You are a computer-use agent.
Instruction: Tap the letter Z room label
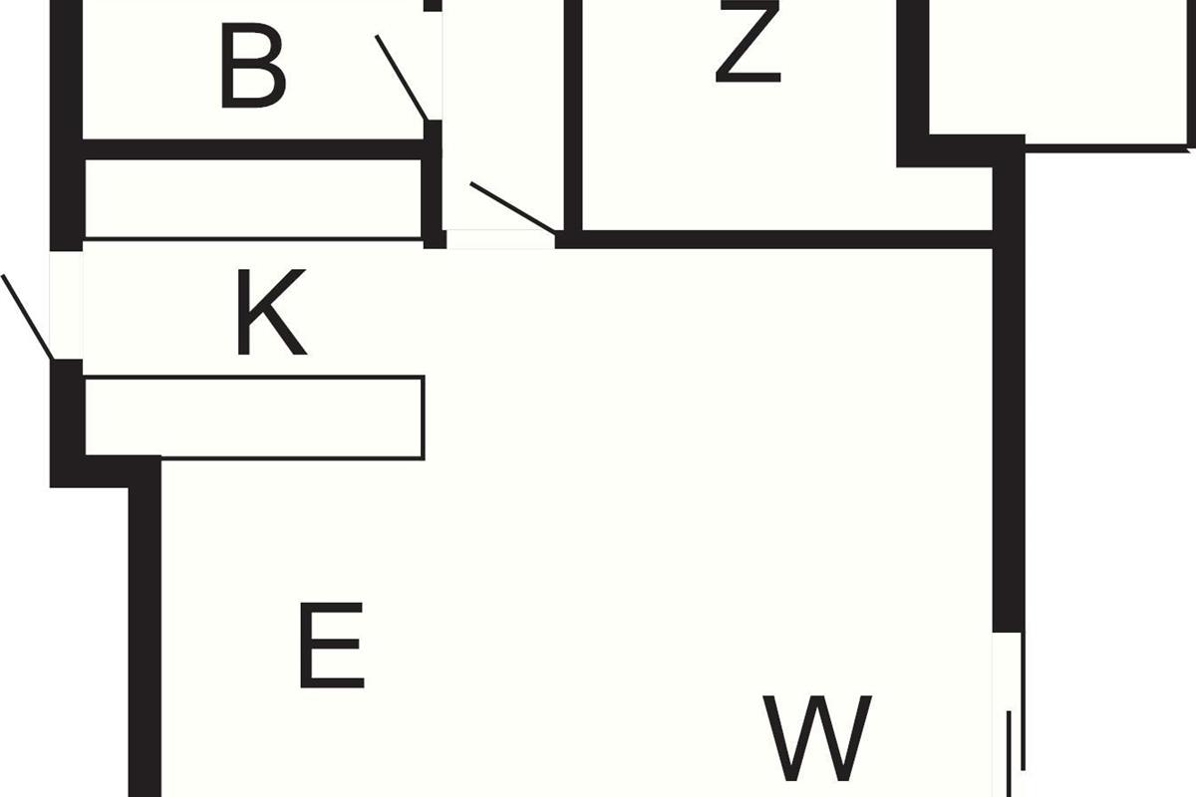click(x=748, y=41)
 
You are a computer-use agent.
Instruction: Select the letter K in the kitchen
click(x=272, y=312)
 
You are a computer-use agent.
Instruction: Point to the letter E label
click(x=332, y=646)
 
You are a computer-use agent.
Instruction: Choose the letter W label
click(x=817, y=738)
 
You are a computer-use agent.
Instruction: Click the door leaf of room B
click(x=402, y=78)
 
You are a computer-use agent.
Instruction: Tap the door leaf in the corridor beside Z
click(x=512, y=208)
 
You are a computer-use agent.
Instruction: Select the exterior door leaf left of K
click(x=27, y=317)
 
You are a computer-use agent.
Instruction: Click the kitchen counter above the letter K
click(x=253, y=199)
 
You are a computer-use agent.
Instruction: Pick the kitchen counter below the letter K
click(x=255, y=417)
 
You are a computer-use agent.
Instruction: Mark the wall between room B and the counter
click(x=253, y=149)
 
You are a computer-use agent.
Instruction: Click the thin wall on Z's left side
click(x=573, y=116)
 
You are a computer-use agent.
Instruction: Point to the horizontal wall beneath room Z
click(x=773, y=240)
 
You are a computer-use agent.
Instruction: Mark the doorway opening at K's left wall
click(x=66, y=305)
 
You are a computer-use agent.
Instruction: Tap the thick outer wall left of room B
click(x=66, y=126)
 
